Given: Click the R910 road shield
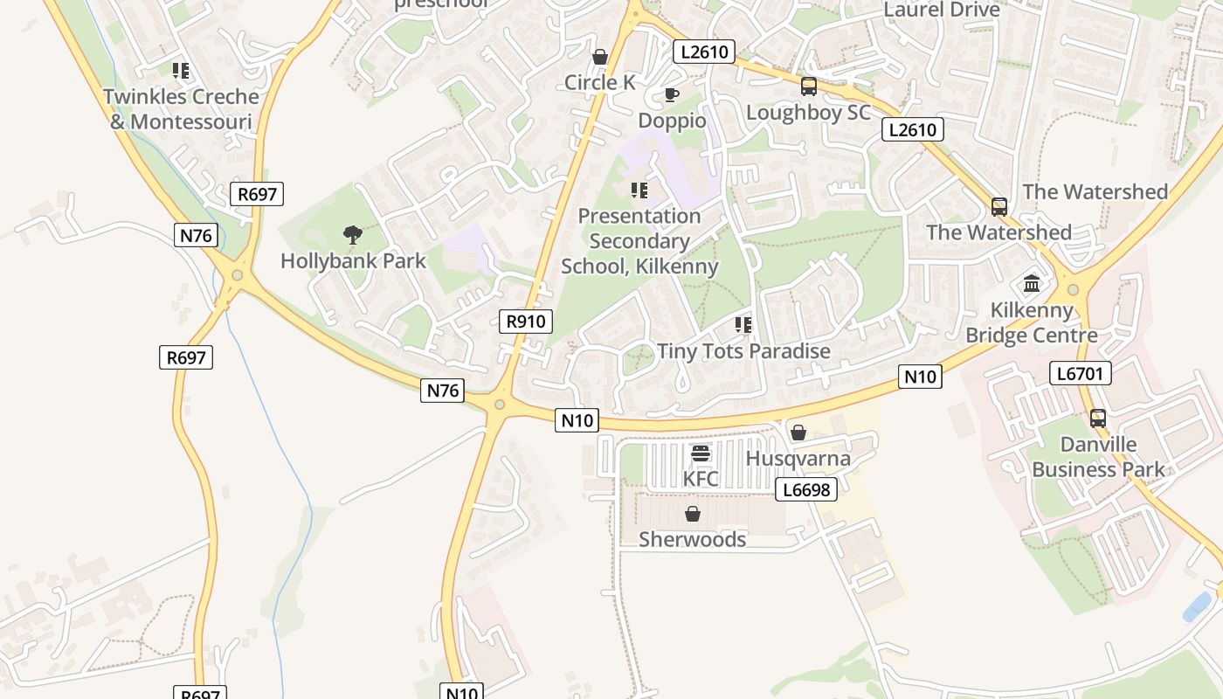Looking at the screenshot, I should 526,322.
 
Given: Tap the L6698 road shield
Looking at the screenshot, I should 805,489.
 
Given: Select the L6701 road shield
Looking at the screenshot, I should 1080,374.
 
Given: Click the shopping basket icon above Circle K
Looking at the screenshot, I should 600,57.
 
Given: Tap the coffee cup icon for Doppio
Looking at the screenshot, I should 671,94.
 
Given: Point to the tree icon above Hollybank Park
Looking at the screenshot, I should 353,234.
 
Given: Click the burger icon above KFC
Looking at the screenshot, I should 701,453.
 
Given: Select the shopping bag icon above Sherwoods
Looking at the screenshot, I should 693,514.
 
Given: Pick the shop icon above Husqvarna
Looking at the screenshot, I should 798,433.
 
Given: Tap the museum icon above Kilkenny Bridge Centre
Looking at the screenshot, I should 1032,284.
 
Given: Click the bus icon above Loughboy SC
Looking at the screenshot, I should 809,87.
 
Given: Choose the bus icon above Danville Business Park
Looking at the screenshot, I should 1098,419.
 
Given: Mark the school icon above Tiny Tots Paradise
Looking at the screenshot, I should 743,326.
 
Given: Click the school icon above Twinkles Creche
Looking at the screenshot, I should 181,71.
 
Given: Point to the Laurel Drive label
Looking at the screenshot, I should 942,10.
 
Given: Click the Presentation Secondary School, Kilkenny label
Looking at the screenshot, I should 639,241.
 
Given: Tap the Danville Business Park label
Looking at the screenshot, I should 1098,457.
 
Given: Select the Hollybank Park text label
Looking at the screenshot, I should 353,260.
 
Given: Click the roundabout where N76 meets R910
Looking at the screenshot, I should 500,404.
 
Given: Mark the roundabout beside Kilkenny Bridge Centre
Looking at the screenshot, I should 1073,290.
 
